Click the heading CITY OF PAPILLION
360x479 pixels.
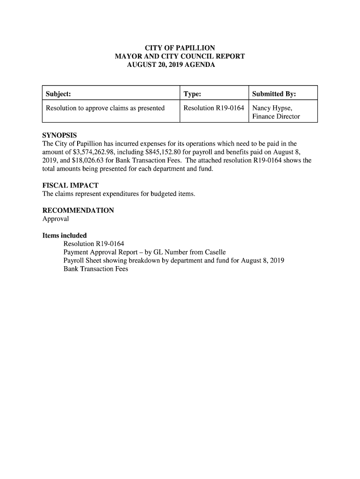coord(180,48)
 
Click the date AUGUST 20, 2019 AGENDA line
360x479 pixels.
coord(171,65)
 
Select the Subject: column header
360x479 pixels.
coord(58,94)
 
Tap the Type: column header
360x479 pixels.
coord(192,94)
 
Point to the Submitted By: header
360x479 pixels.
coord(274,94)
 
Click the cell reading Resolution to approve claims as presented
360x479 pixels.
coord(105,108)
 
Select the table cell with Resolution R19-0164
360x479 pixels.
coord(214,108)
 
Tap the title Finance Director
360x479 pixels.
coord(276,116)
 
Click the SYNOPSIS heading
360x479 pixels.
coord(59,136)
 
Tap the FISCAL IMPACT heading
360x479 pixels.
coord(70,186)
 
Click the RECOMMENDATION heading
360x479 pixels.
coord(78,210)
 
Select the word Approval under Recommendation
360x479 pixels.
coord(56,219)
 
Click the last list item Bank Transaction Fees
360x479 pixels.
coord(95,269)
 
